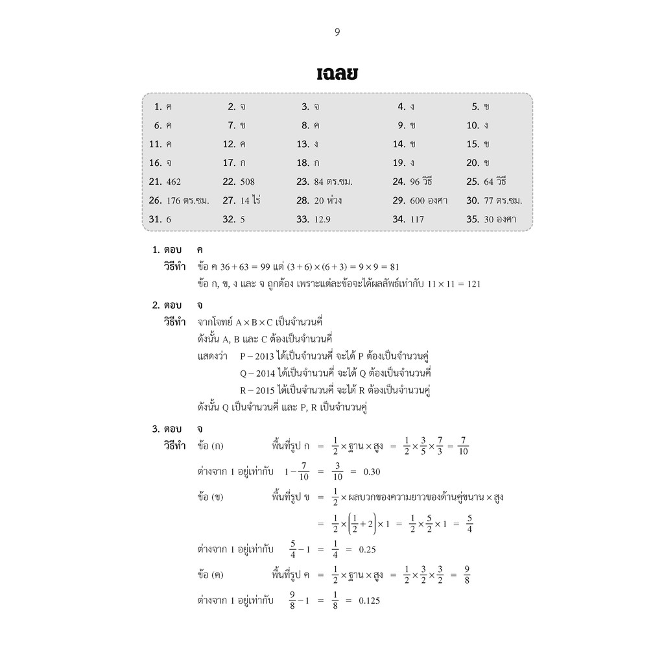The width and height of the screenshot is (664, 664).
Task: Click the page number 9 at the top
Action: click(x=337, y=32)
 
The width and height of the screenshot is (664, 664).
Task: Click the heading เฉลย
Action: click(x=337, y=73)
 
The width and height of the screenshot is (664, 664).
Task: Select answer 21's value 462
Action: click(x=174, y=182)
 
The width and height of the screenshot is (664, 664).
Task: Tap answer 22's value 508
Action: click(x=247, y=182)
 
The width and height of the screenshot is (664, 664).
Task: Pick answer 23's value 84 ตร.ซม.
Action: click(x=333, y=182)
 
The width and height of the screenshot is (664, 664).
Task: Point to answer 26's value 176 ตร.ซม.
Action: click(x=187, y=201)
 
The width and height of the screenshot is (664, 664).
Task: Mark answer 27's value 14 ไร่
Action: click(x=250, y=201)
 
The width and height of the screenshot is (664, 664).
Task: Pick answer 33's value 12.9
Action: click(x=322, y=220)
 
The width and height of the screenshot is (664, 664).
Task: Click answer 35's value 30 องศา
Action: click(x=500, y=220)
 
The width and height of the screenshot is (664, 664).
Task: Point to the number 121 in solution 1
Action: click(x=472, y=284)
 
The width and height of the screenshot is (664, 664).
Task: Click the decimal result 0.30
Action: click(x=372, y=471)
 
